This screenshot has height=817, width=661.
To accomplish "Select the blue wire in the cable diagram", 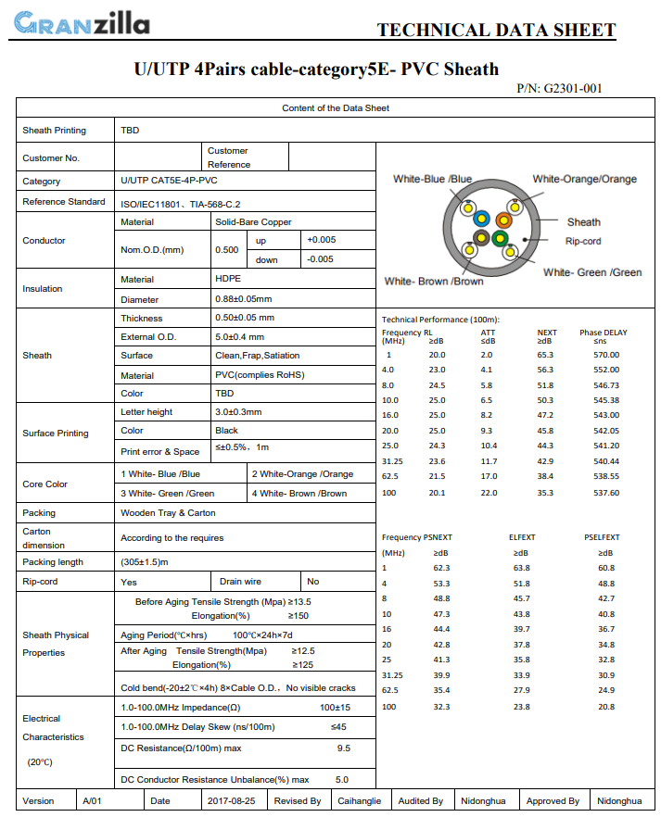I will coord(481,220).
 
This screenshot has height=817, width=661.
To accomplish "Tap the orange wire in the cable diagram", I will coord(503,220).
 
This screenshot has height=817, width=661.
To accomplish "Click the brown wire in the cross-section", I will coord(481,240).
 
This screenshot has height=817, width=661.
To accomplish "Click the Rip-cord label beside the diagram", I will coord(583,241).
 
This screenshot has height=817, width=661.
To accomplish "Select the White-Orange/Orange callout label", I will coord(584,179).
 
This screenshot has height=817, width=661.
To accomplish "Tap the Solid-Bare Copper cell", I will coord(253,222).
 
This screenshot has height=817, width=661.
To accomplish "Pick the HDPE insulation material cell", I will coord(226,279).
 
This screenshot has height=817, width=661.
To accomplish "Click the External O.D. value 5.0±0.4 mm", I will coord(239,336).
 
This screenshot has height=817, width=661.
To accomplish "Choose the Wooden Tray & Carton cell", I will coord(168,512).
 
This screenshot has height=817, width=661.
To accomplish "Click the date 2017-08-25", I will coord(232,800).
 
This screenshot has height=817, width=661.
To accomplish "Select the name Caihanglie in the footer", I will coord(360,800).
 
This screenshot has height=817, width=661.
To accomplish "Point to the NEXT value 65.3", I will coord(545,355).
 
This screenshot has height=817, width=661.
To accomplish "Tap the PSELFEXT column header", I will coord(603,537).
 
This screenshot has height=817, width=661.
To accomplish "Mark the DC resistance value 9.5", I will coord(343,748).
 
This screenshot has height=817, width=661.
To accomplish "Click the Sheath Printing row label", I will coord(54,131).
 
